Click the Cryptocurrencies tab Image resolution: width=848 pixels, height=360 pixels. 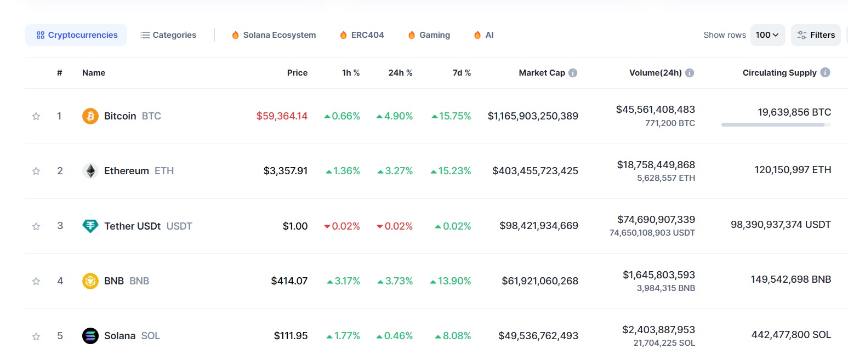tap(77, 35)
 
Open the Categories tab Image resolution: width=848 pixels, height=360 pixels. tap(168, 35)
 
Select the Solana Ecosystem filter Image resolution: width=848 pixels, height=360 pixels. tap(274, 35)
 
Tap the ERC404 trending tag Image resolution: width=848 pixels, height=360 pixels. tap(362, 35)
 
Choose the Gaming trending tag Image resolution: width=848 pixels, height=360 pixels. tap(429, 35)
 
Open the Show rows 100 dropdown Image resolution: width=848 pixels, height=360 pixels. tap(767, 35)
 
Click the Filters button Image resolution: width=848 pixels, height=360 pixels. tap(816, 35)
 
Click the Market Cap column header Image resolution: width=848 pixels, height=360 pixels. tap(542, 73)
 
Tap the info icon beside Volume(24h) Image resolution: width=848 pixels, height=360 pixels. tap(690, 73)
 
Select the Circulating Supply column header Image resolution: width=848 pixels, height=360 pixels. tap(779, 73)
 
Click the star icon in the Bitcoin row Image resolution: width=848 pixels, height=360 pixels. tap(36, 116)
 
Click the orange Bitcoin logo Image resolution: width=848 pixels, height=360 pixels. tap(90, 116)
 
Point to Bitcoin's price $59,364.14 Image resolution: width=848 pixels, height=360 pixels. tap(282, 116)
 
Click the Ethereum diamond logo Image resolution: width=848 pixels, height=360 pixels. tap(90, 171)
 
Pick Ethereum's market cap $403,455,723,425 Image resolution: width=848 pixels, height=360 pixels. tap(535, 171)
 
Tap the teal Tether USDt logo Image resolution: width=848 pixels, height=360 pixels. tap(90, 226)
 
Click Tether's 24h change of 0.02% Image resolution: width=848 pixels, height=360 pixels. tap(395, 226)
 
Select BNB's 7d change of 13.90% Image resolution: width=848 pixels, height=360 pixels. tap(451, 281)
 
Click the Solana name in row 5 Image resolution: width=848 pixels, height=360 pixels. tap(119, 336)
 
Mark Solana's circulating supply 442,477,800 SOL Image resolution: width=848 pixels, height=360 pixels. tap(791, 335)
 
